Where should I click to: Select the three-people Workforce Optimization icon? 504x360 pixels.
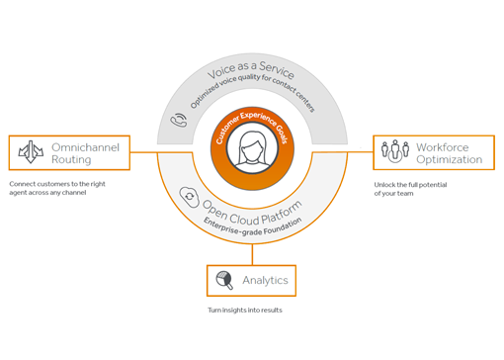click(x=394, y=152)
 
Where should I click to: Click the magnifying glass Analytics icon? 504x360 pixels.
click(x=224, y=280)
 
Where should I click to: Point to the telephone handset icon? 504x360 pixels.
click(x=179, y=121)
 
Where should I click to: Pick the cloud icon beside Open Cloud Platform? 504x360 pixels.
click(x=189, y=198)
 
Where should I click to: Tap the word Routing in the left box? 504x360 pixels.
click(x=71, y=159)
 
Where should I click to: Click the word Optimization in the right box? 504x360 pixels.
click(x=450, y=159)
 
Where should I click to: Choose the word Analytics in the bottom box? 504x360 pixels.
click(x=265, y=281)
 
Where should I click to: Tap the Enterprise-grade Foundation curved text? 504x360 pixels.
click(x=253, y=226)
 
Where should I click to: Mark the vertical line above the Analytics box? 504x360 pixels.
click(x=252, y=254)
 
